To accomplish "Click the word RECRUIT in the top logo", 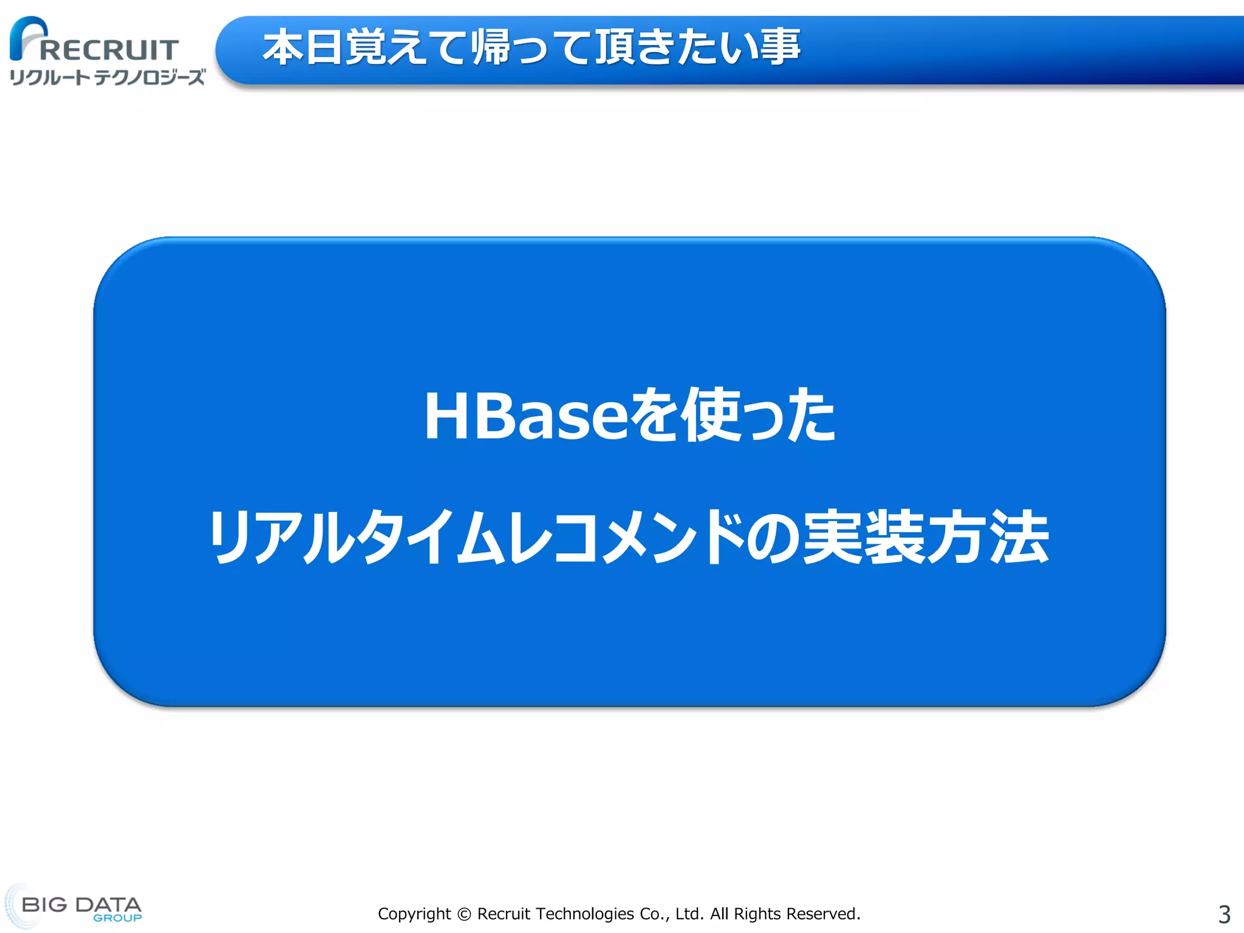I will [109, 50].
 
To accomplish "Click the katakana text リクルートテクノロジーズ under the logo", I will [108, 77].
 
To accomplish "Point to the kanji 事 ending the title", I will [780, 47].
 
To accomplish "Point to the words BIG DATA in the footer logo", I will [81, 904].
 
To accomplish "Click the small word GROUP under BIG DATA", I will [117, 918].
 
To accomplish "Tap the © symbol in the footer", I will [464, 914].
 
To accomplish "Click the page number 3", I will [1224, 914].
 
